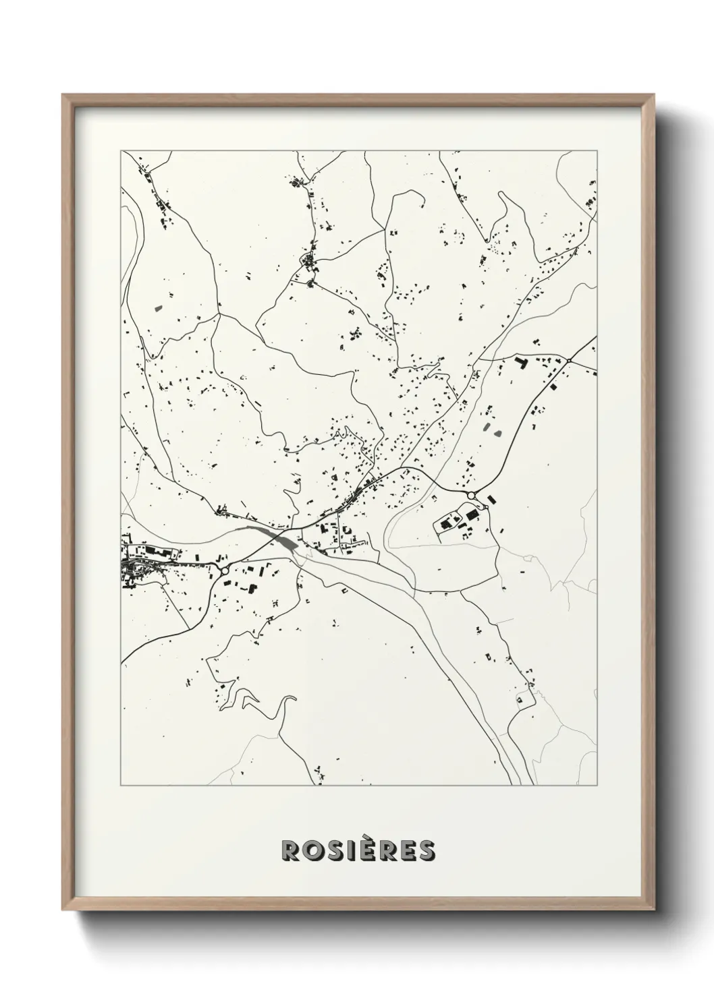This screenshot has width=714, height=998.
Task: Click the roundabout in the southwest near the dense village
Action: pos(224,571)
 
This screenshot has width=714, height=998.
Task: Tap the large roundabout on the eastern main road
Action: pos(471,496)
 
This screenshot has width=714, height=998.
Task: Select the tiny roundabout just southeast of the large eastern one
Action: pos(486,507)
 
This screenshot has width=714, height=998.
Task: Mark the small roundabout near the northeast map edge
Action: pos(569,361)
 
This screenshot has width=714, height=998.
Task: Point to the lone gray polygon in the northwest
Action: pos(159,308)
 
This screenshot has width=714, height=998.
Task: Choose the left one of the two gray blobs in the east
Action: pos(487,426)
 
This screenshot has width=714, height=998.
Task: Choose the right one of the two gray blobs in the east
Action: pos(499,433)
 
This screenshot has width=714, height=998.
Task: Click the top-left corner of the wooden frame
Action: pos(63,95)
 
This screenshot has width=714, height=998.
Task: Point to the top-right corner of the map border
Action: pos(597,151)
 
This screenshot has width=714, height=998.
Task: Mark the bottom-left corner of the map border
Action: pos(121,785)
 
